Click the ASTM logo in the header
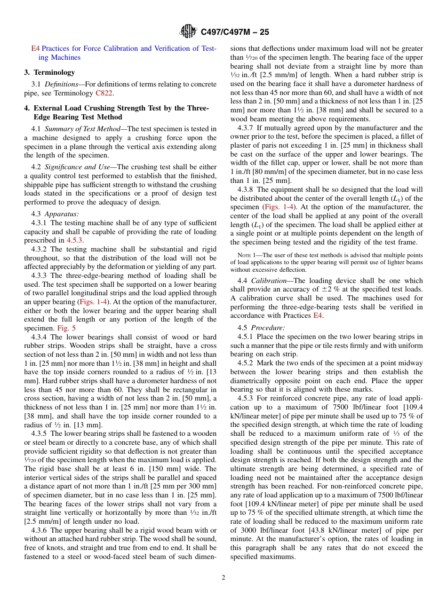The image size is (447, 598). point(188,32)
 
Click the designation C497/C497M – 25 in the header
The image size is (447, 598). point(235,32)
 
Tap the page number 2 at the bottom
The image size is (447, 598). point(223,578)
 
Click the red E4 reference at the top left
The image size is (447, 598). point(35,48)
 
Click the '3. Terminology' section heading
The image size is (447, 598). point(49,72)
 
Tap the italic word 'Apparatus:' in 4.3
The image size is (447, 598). point(62,214)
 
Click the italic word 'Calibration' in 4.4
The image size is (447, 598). point(269,280)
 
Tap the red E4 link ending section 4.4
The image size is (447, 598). point(318,316)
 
